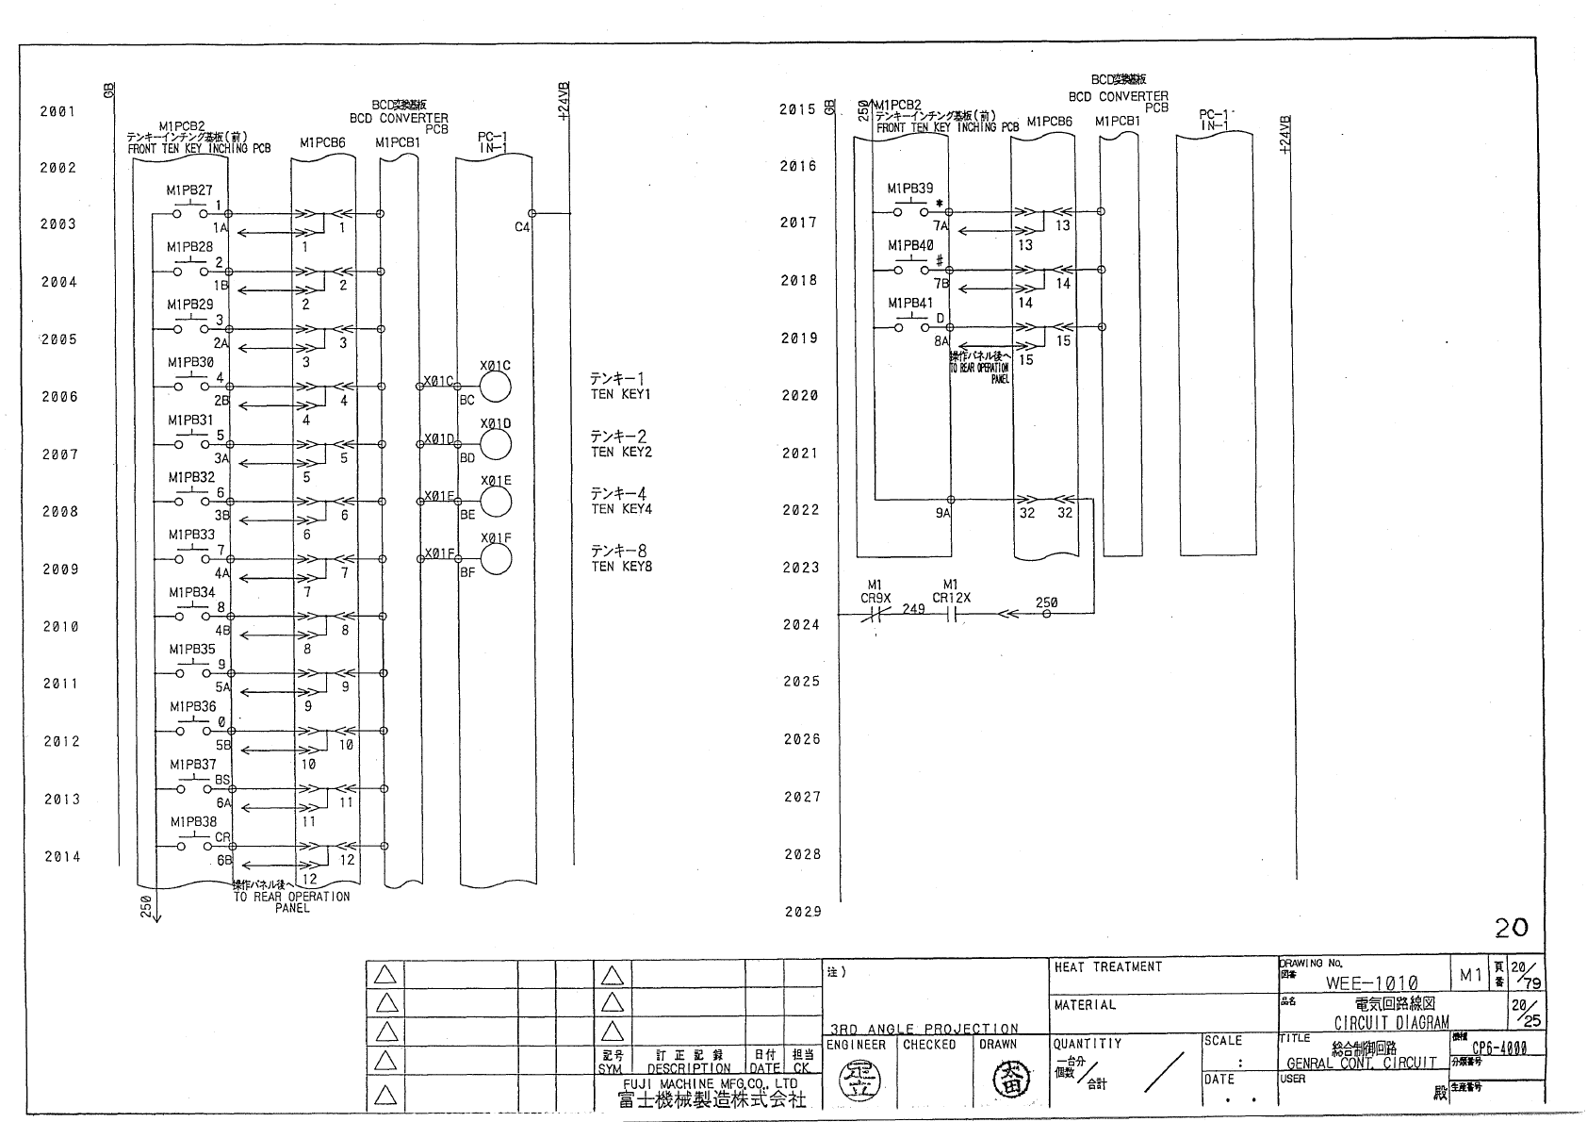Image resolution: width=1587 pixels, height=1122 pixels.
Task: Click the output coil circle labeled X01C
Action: [x=496, y=387]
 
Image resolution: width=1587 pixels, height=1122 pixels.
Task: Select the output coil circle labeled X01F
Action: [x=496, y=559]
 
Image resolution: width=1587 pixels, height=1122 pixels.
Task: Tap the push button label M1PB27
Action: [x=189, y=190]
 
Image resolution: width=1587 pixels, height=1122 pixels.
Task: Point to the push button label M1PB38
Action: [x=193, y=822]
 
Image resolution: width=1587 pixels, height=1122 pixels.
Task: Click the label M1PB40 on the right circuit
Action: [x=910, y=246]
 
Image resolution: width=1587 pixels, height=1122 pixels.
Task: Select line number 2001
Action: [x=57, y=111]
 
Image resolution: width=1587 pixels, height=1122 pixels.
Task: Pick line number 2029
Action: [x=803, y=912]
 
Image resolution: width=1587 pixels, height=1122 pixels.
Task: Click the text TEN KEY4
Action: [x=621, y=509]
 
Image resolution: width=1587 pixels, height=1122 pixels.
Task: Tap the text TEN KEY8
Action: [x=621, y=567]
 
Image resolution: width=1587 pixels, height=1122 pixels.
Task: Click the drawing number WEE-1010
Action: [x=1371, y=982]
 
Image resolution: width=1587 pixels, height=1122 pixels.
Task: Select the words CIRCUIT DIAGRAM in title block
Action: [x=1391, y=1023]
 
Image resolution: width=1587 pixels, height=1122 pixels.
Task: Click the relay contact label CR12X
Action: [x=951, y=598]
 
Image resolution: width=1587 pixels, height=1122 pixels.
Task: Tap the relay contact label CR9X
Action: [x=875, y=598]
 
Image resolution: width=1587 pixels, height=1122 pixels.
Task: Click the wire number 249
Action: [x=913, y=609]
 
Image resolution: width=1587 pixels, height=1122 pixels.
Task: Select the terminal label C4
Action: [x=522, y=227]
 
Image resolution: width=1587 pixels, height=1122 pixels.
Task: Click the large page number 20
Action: [x=1511, y=929]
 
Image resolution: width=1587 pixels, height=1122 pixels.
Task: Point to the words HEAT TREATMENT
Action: [x=1108, y=967]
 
